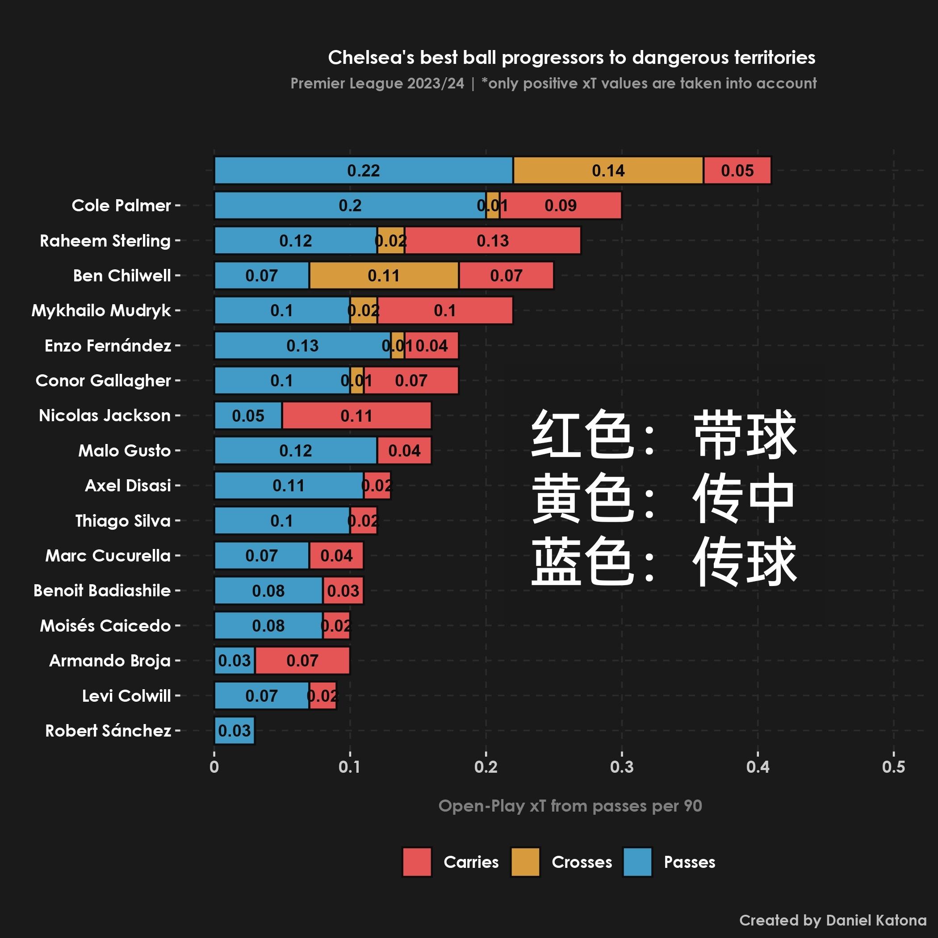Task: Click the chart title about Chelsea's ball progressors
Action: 571,57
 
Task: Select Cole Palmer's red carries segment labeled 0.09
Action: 560,205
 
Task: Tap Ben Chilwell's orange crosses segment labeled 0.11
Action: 384,275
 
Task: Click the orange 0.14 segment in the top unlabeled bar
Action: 608,171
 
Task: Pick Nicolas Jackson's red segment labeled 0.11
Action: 356,415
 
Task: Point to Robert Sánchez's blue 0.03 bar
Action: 234,730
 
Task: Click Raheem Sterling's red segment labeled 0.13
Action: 492,240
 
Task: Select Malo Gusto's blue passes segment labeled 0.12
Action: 295,451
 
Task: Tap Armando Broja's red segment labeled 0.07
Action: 302,660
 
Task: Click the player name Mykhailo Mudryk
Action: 101,310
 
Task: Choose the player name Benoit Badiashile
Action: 102,590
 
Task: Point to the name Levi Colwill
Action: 126,696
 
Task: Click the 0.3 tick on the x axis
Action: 621,767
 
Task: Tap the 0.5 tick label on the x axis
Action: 893,767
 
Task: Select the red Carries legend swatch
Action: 417,862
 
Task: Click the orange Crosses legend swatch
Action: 525,862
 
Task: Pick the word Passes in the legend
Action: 689,862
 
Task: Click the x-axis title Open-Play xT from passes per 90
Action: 570,806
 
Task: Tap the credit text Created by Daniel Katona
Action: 833,920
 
